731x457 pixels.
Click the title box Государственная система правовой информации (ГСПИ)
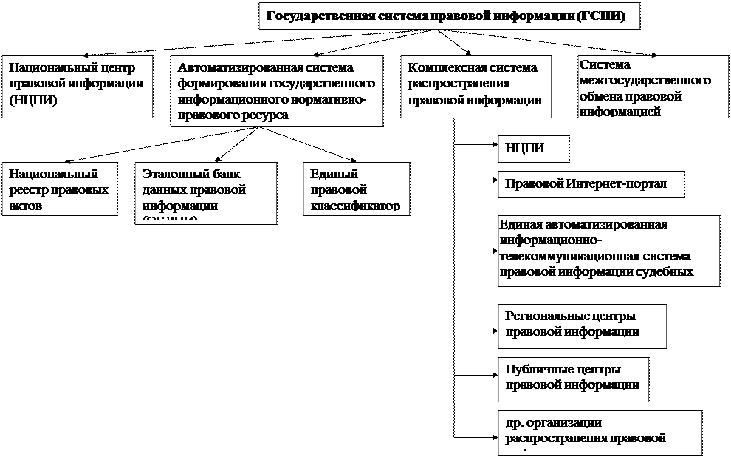click(x=448, y=17)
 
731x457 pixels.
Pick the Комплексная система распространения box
click(x=476, y=84)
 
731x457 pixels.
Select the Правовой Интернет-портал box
click(x=591, y=184)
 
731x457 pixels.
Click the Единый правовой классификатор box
click(x=357, y=189)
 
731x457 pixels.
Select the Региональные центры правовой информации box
click(x=582, y=325)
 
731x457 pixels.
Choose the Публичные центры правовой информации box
click(x=572, y=377)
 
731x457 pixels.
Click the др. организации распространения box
click(x=599, y=432)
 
